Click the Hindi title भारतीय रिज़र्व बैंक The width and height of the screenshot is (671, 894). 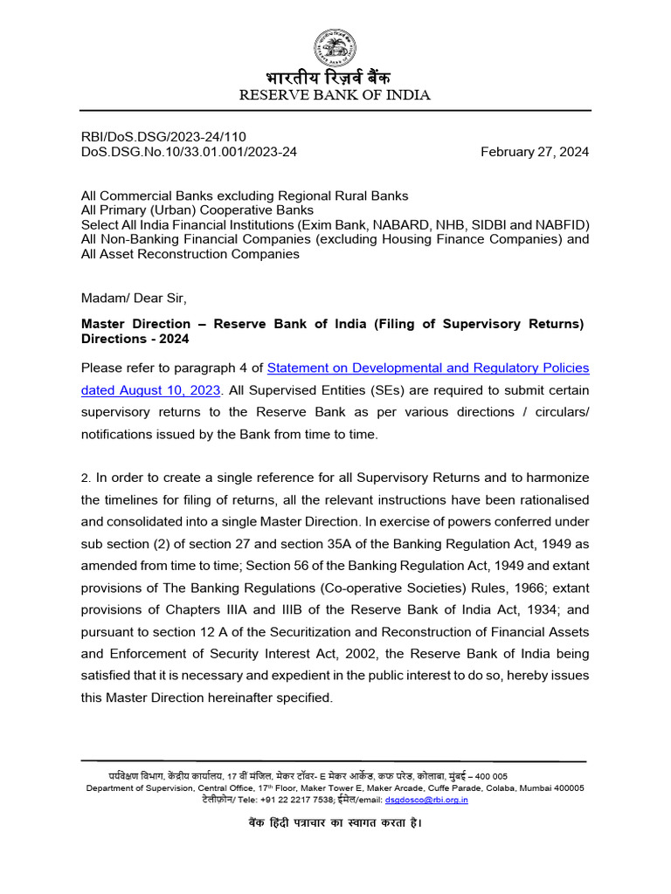point(335,78)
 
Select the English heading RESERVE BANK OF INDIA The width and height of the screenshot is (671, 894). point(335,95)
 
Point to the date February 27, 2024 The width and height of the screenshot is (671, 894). point(535,152)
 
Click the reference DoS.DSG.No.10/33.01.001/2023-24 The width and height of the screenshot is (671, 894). point(189,152)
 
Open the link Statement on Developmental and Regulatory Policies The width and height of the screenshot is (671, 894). point(428,368)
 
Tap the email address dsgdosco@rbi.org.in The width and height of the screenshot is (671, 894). point(427,799)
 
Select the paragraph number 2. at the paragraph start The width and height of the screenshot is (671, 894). point(86,478)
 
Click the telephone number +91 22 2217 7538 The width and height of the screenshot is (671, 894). point(283,799)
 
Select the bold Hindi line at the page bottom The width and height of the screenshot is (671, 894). point(335,823)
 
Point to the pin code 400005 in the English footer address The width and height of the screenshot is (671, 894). point(566,787)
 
